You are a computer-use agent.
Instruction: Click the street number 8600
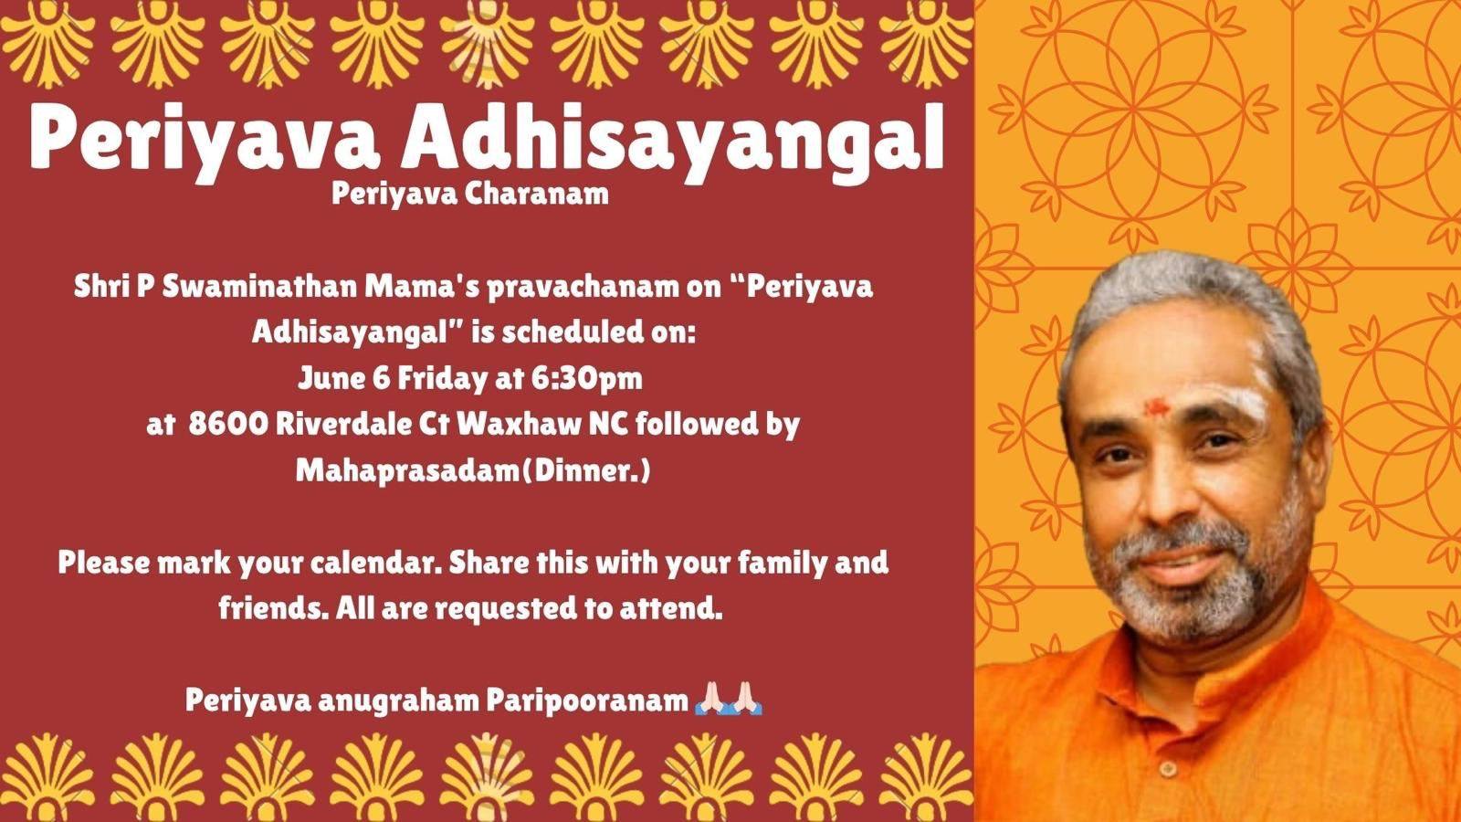point(227,425)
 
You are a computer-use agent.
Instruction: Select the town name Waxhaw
point(519,425)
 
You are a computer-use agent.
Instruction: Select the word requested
point(506,609)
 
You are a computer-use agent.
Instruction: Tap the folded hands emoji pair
point(729,699)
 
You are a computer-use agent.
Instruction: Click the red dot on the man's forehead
point(1156,407)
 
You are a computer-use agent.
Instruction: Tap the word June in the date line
point(332,379)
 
